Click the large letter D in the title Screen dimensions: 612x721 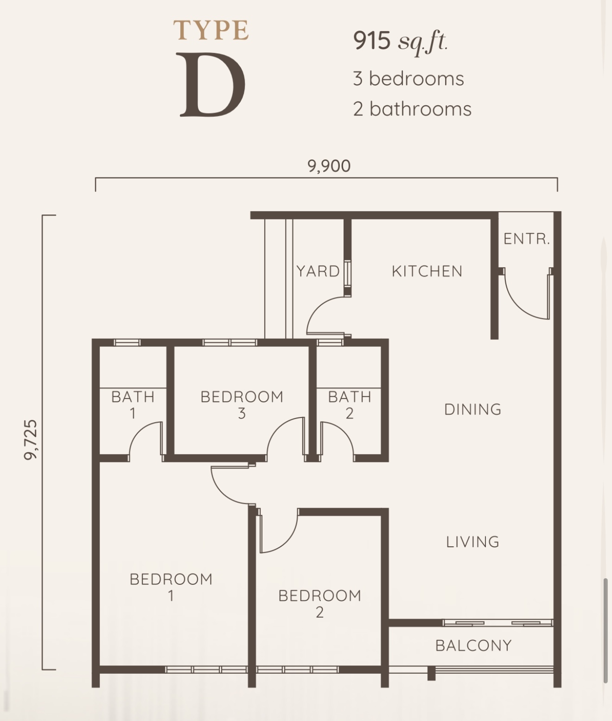(212, 85)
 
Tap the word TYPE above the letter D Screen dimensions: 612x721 (211, 30)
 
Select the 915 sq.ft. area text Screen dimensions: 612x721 (400, 42)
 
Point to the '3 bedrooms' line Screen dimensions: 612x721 (408, 78)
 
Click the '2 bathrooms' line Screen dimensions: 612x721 (412, 109)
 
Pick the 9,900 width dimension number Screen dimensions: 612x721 (329, 166)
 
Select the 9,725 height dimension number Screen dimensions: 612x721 (31, 440)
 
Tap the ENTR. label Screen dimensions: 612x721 (527, 239)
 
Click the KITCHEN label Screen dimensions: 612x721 (427, 272)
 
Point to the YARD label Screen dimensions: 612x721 (318, 272)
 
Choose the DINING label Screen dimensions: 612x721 (473, 410)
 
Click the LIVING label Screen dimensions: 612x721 (473, 542)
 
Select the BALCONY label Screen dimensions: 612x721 (473, 646)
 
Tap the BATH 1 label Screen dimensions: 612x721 (133, 405)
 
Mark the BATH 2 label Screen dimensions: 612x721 (350, 405)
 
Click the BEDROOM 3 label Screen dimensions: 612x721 (242, 405)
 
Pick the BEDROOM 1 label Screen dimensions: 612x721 (171, 588)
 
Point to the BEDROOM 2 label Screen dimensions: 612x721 (320, 604)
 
